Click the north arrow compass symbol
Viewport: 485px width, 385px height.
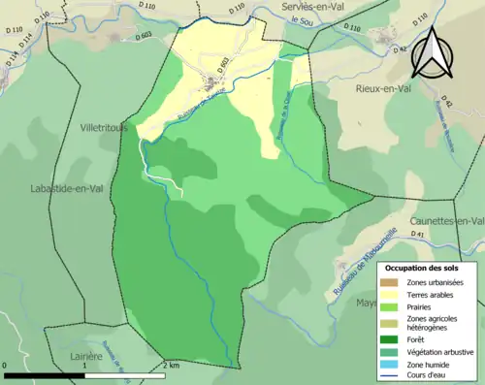coord(434,52)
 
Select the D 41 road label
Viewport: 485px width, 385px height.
coord(418,235)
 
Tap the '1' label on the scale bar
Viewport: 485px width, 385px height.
coord(86,366)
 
